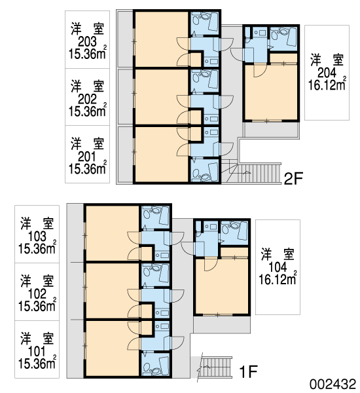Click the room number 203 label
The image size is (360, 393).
tap(87, 42)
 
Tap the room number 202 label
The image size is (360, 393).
tap(87, 100)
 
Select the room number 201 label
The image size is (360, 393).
tap(87, 157)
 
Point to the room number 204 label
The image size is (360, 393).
tap(327, 73)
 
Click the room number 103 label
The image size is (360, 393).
tap(37, 236)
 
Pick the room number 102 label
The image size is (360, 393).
tap(37, 294)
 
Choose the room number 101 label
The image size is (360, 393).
tap(37, 352)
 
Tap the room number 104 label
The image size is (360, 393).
tap(278, 268)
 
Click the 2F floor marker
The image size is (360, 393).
tap(293, 178)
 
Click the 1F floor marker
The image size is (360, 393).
tap(248, 371)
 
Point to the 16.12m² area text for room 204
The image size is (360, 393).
tap(327, 84)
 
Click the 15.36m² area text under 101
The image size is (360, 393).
tap(37, 363)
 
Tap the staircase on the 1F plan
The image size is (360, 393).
tap(217, 367)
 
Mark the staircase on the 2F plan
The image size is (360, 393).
tap(251, 174)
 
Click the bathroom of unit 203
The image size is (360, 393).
tap(204, 24)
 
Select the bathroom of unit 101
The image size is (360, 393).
tap(156, 364)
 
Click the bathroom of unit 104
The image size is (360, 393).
tap(234, 233)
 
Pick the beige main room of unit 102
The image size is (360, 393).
tap(113, 291)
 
